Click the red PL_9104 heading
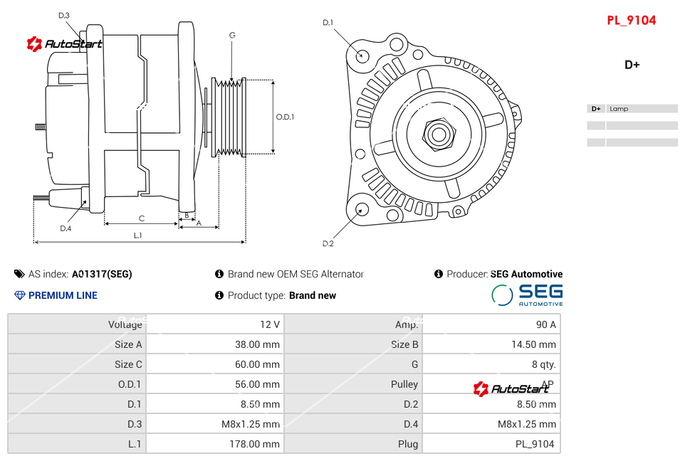click(631, 21)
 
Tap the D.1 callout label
click(328, 23)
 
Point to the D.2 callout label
click(328, 243)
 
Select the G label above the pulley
click(232, 35)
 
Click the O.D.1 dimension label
click(285, 117)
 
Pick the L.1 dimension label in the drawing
click(138, 235)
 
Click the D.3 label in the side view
click(64, 15)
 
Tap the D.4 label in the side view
click(66, 228)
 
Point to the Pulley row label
click(404, 384)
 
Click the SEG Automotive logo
click(527, 295)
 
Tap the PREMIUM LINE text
click(63, 295)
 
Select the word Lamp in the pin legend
click(619, 109)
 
